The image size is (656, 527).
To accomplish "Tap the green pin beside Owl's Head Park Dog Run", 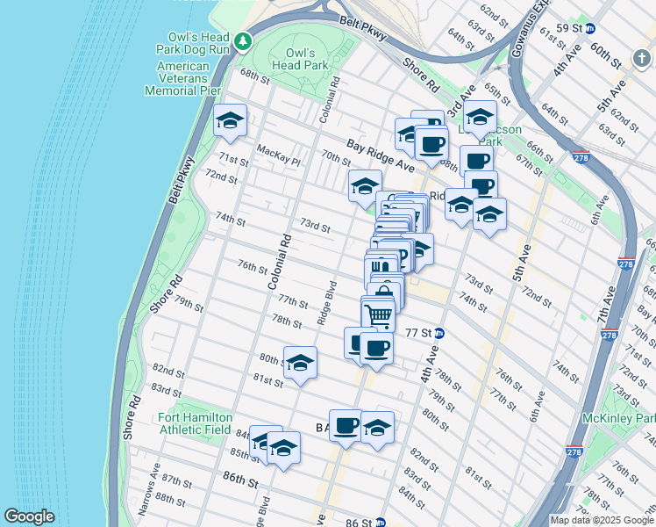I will [x=243, y=41].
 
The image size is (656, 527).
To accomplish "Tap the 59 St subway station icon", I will [x=590, y=29].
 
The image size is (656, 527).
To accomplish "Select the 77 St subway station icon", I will [x=439, y=333].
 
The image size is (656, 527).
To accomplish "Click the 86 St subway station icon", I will [x=380, y=521].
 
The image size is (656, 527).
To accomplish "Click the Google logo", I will [x=29, y=516].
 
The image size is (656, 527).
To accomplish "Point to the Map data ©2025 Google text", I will [x=601, y=520].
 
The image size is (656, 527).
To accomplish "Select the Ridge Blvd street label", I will [x=327, y=303].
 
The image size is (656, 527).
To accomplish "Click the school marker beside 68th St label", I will [x=230, y=121].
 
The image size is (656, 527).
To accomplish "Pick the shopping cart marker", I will [x=378, y=314].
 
